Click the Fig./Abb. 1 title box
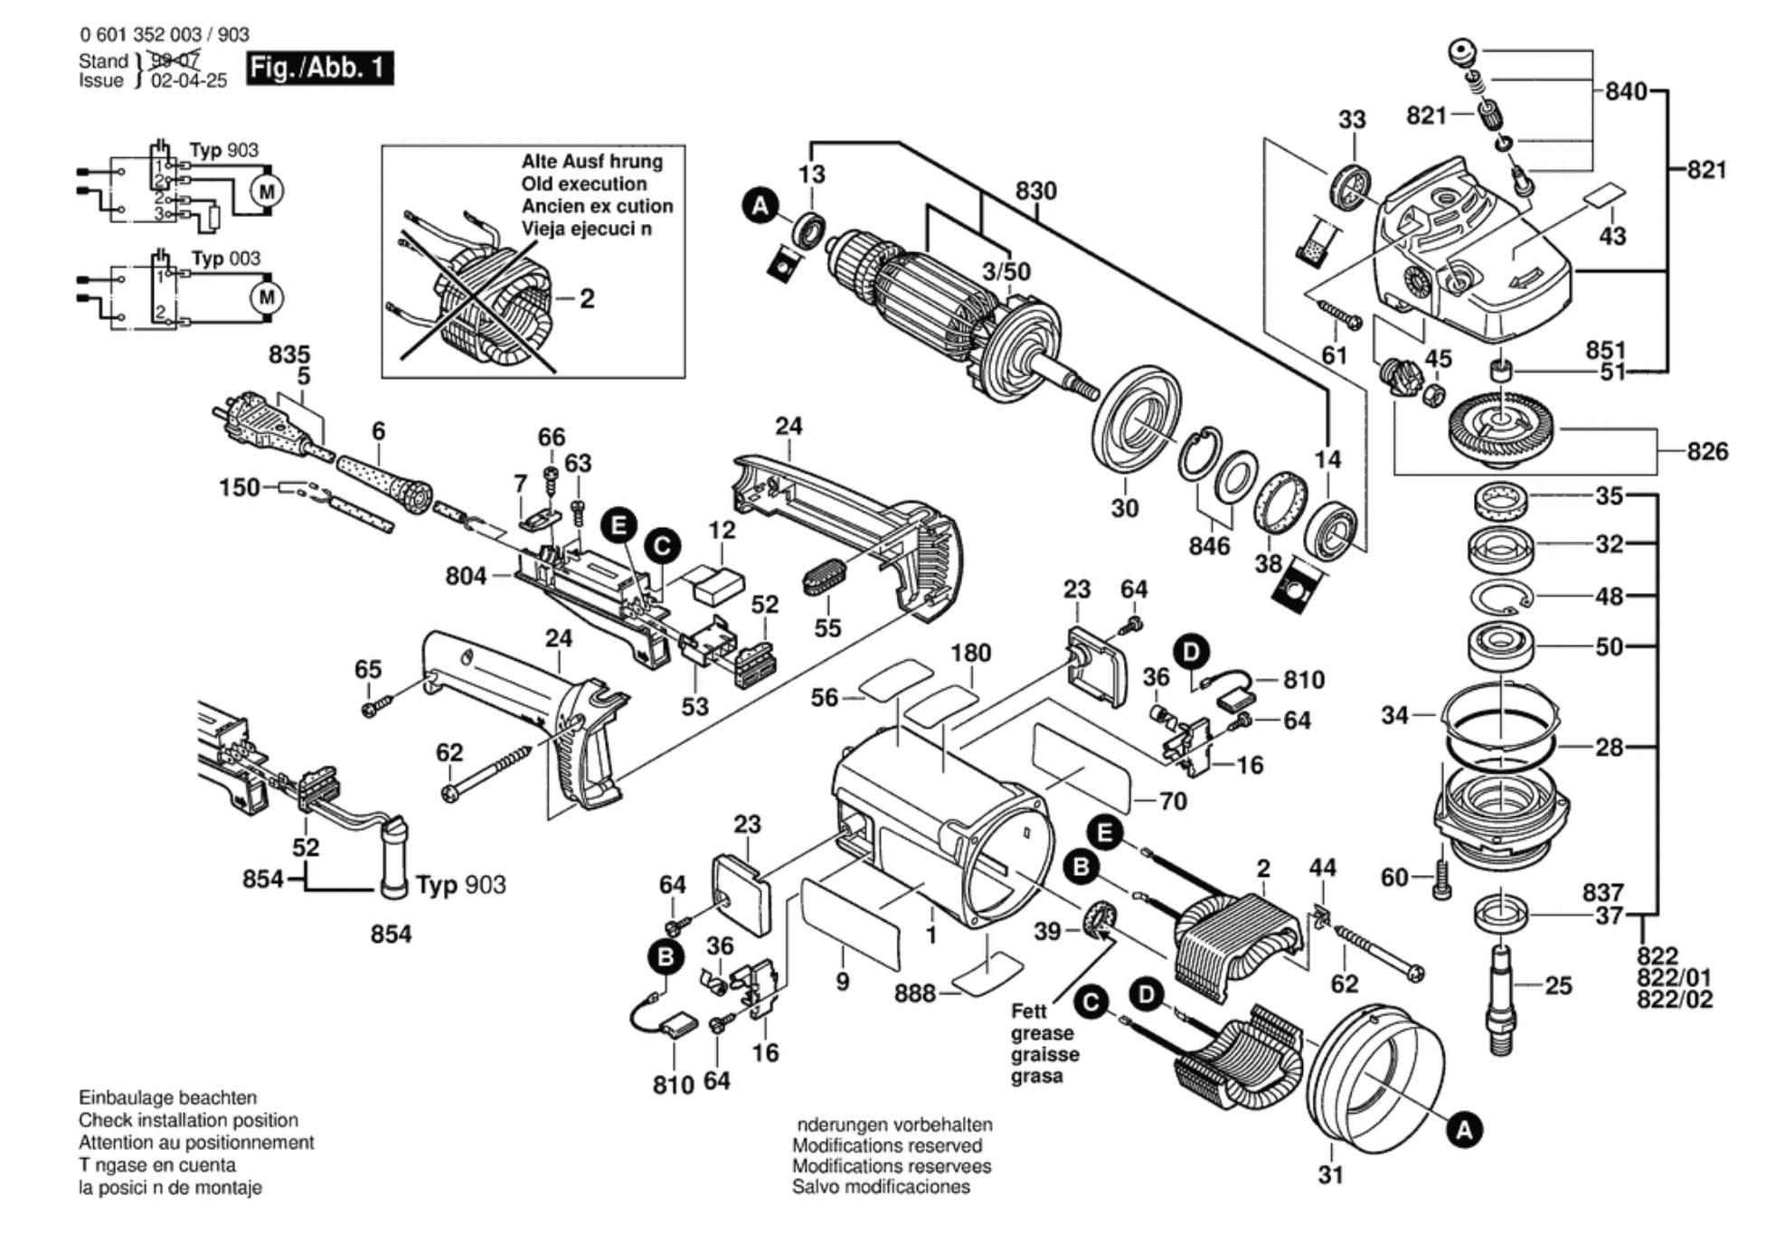click(319, 68)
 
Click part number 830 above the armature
click(1035, 192)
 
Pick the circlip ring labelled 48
click(1500, 597)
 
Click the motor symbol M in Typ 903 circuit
click(267, 192)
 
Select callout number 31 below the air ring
click(1330, 1174)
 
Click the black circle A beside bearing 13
click(760, 205)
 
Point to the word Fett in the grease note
click(1028, 1011)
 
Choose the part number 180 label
click(970, 653)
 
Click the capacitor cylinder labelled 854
click(394, 859)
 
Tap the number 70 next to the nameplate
click(1172, 801)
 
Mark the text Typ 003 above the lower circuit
click(225, 259)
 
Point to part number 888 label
click(914, 993)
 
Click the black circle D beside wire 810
click(1191, 652)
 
